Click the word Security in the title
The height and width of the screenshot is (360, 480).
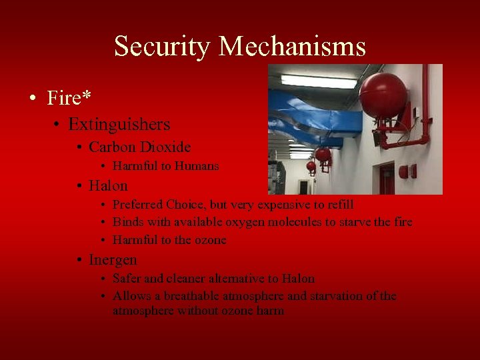pyautogui.click(x=162, y=47)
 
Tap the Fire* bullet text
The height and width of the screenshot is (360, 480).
pyautogui.click(x=69, y=98)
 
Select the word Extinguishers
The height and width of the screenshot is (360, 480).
pyautogui.click(x=119, y=124)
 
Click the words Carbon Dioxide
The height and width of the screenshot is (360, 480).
pyautogui.click(x=139, y=147)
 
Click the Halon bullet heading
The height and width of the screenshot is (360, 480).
pyautogui.click(x=107, y=185)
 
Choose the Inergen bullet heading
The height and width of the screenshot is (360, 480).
pyautogui.click(x=113, y=259)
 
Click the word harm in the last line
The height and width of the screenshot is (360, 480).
pyautogui.click(x=271, y=311)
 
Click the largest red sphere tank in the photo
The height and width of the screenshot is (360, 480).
pyautogui.click(x=383, y=95)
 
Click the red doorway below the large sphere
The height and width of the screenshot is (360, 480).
pyautogui.click(x=386, y=178)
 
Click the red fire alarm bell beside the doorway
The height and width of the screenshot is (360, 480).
pyautogui.click(x=404, y=171)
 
